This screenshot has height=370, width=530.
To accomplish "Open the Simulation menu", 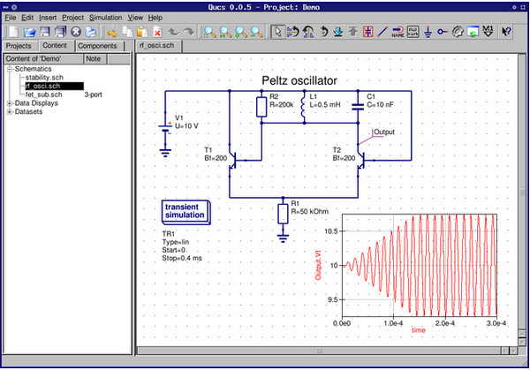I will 105,17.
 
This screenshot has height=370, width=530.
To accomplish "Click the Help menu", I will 155,17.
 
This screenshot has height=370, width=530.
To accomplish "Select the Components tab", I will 97,46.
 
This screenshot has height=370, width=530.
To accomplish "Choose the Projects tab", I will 19,46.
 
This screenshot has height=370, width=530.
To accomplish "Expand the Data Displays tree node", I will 9,103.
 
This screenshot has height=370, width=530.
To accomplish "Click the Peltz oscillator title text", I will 299,80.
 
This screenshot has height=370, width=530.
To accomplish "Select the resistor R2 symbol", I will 261,107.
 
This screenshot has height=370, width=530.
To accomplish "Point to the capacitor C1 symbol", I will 358,106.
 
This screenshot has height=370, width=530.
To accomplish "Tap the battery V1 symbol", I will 165,131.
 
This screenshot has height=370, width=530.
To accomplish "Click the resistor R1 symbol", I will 283,213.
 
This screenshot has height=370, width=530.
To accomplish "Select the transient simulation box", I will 184,211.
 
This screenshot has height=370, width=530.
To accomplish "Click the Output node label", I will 384,132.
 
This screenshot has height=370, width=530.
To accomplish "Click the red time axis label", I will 419,329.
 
